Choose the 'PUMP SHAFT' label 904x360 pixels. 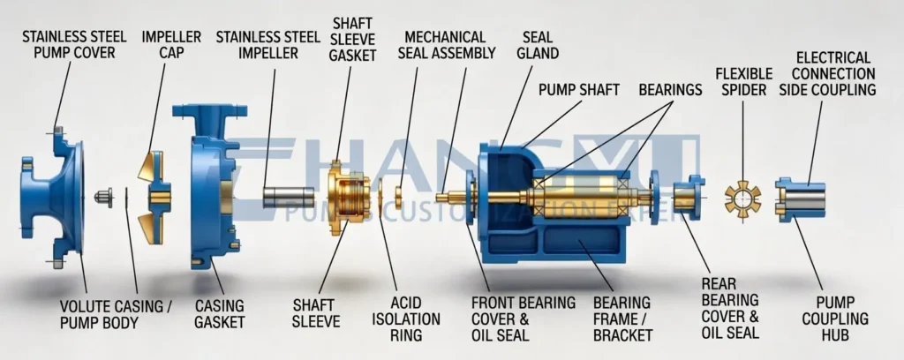pyautogui.click(x=578, y=90)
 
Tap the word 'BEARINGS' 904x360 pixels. pyautogui.click(x=670, y=90)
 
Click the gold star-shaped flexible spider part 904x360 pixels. pyautogui.click(x=742, y=197)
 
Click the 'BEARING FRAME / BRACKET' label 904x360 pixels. pyautogui.click(x=622, y=319)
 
